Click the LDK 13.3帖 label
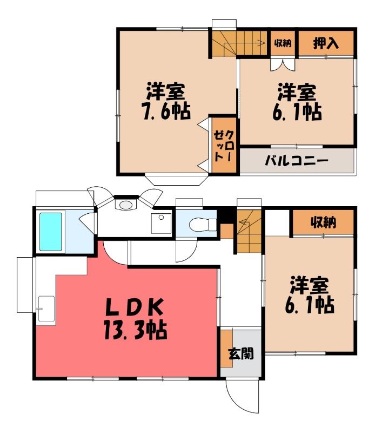click(135, 319)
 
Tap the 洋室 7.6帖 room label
click(166, 101)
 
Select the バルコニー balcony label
click(297, 160)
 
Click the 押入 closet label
click(326, 43)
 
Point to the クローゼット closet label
click(224, 146)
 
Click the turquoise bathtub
click(50, 232)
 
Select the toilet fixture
click(203, 224)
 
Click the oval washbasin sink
click(126, 205)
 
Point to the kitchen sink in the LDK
click(46, 309)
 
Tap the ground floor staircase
click(249, 232)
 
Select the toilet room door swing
click(186, 251)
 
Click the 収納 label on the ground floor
click(324, 222)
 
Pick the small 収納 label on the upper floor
click(283, 43)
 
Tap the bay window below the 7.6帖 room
click(176, 180)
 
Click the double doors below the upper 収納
click(283, 64)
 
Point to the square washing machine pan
click(161, 224)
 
